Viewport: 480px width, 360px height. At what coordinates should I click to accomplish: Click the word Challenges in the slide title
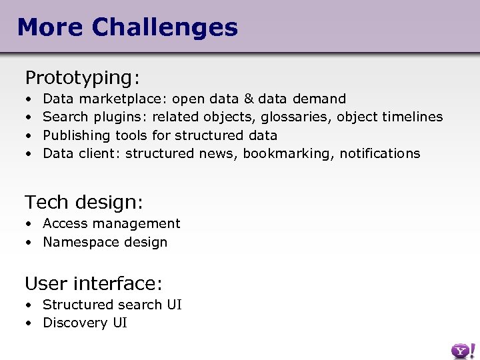[x=165, y=27]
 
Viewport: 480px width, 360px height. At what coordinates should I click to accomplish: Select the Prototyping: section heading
[x=82, y=78]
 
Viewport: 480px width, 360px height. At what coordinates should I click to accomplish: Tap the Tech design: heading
[x=84, y=201]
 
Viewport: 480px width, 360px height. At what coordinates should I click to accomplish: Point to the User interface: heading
[x=93, y=283]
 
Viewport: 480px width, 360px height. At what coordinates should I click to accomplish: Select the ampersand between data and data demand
[x=249, y=99]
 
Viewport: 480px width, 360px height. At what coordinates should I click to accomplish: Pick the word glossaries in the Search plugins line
[x=296, y=117]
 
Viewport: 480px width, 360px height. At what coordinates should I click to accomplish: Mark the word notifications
[x=380, y=153]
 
